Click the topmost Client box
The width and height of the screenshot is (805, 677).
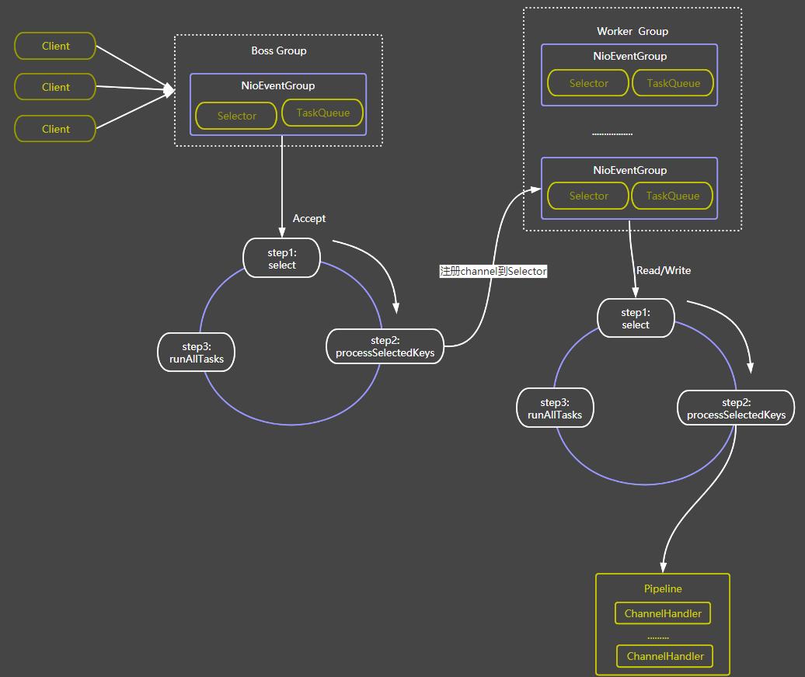coord(55,46)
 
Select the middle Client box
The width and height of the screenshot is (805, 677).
coord(55,87)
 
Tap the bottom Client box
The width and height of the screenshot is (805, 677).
coord(55,129)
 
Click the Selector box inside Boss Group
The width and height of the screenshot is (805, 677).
coord(236,116)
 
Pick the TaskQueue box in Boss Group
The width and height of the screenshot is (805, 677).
coord(322,113)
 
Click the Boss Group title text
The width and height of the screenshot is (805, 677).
coord(278,50)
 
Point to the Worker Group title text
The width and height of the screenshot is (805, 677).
coord(632,31)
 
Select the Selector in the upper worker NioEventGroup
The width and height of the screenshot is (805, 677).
coord(588,83)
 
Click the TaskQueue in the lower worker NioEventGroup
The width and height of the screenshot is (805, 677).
coord(673,196)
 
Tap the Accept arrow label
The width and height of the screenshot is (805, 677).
coord(308,218)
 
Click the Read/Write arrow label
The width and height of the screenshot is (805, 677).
coord(663,270)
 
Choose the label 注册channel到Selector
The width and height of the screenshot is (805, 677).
coord(493,271)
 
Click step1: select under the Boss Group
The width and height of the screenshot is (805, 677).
coord(282,259)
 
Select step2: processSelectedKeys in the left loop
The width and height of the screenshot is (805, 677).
coord(385,346)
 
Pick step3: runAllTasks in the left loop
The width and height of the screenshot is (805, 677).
coord(196,352)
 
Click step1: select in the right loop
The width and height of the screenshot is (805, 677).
coord(636,318)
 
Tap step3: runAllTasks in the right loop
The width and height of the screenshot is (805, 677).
coord(555,408)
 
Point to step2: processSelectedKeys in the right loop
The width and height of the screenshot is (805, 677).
coord(736,408)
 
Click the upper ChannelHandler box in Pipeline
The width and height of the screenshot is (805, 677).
coord(663,613)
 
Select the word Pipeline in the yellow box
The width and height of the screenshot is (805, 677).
coord(663,588)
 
